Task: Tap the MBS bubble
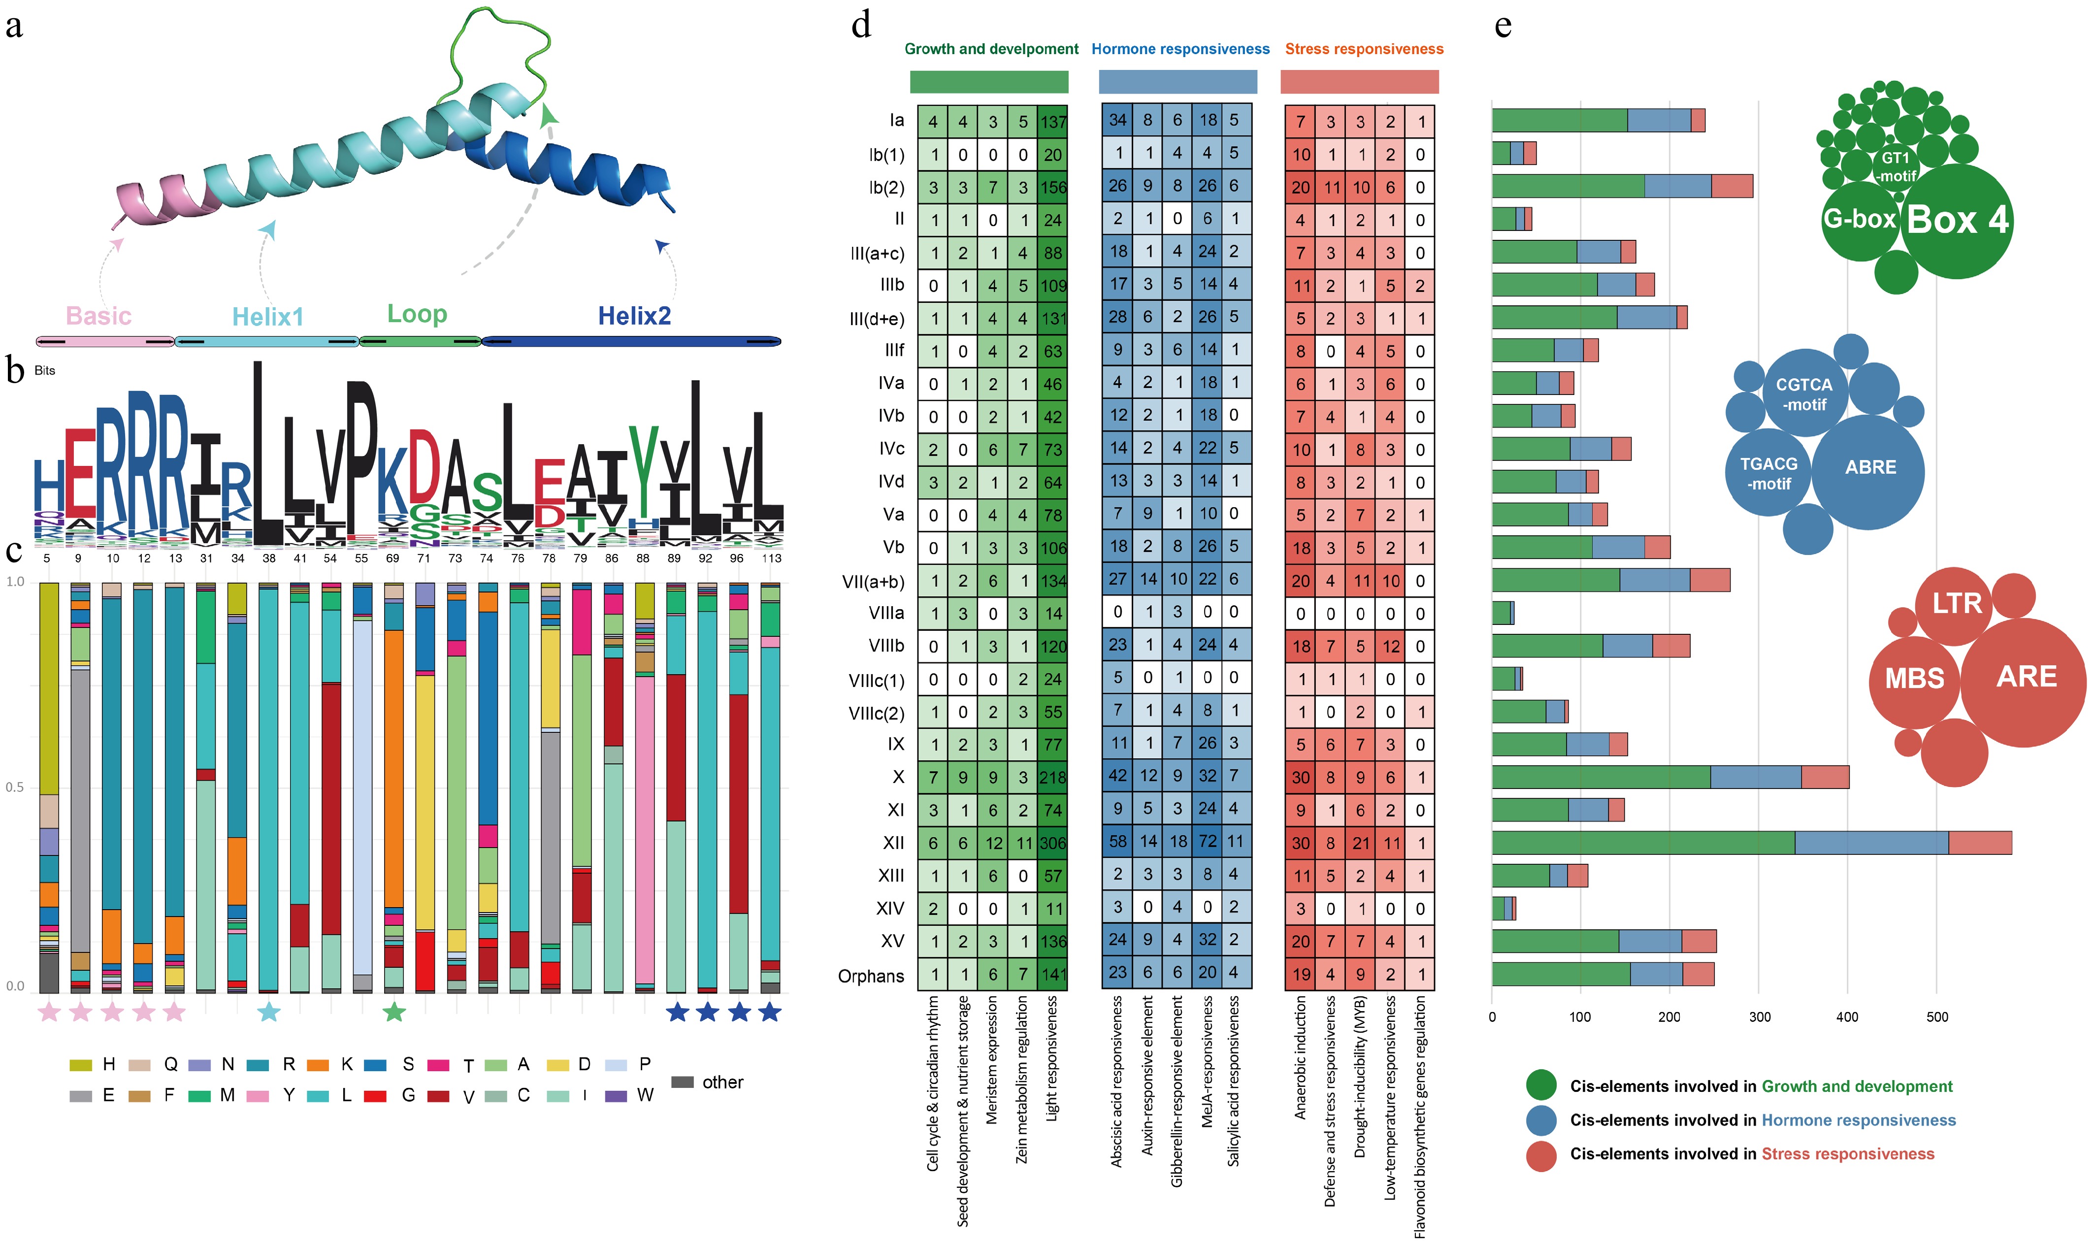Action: (1914, 678)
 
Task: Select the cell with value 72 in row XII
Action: (1207, 842)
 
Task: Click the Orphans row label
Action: (871, 976)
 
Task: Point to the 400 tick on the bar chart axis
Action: (1847, 1017)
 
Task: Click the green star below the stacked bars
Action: (393, 1013)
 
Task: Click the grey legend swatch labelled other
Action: (682, 1082)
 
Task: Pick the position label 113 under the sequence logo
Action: (771, 558)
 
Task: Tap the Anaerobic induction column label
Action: (1300, 1057)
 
